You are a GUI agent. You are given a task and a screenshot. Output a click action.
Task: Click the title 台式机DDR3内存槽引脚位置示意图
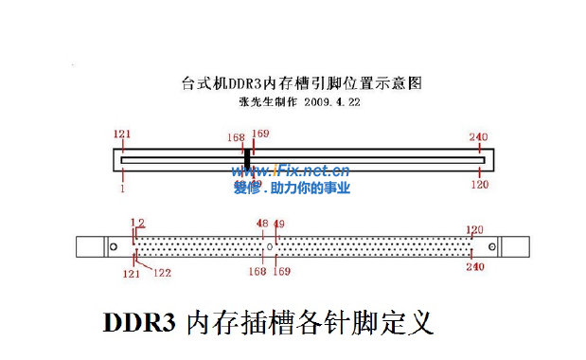pyautogui.click(x=300, y=83)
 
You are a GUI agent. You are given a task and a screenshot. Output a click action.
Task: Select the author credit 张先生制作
pyautogui.click(x=263, y=100)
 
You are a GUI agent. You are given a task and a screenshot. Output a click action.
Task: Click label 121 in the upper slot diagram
pyautogui.click(x=122, y=135)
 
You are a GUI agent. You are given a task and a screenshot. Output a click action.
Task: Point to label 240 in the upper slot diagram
pyautogui.click(x=479, y=136)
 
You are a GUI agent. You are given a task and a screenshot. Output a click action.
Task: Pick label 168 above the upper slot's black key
pyautogui.click(x=236, y=137)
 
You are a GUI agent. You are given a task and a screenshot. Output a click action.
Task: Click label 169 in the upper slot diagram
pyautogui.click(x=260, y=134)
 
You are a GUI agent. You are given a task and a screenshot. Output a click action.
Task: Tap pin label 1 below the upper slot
pyautogui.click(x=122, y=188)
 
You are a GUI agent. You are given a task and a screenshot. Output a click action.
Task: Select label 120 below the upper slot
pyautogui.click(x=479, y=185)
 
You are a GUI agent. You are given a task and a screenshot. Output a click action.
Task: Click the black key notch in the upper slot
pyautogui.click(x=247, y=158)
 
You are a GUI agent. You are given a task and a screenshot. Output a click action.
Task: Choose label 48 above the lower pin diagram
pyautogui.click(x=262, y=224)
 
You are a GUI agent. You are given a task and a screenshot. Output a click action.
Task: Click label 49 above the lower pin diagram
pyautogui.click(x=278, y=224)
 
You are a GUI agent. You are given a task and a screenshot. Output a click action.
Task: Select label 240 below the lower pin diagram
pyautogui.click(x=476, y=267)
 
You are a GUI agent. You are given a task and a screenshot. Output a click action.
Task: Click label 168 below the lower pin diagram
pyautogui.click(x=257, y=272)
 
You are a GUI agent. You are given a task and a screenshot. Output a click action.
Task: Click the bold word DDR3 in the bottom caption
pyautogui.click(x=139, y=322)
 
